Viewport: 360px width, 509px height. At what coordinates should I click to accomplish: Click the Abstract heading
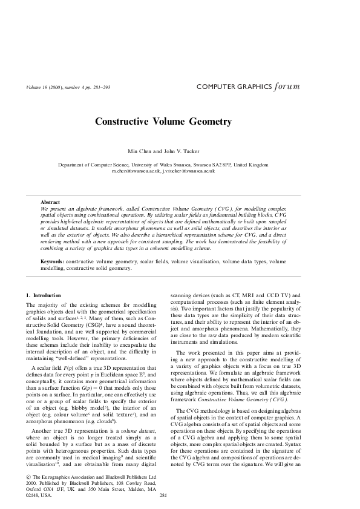coord(50,201)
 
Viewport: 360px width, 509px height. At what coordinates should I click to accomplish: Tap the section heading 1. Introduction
coord(48,295)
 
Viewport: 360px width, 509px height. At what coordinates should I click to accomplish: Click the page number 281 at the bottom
coord(162,496)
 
